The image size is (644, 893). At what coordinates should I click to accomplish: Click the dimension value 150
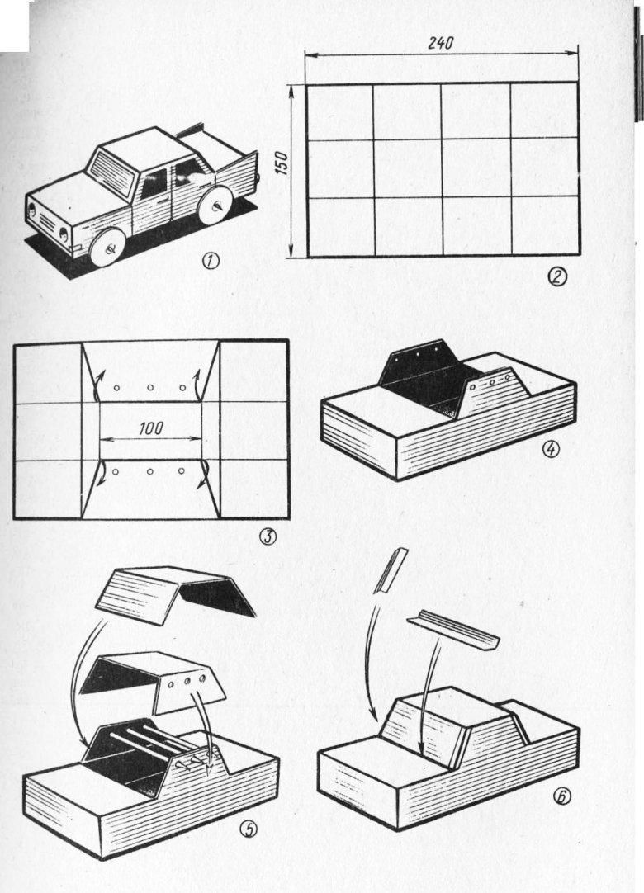(x=285, y=163)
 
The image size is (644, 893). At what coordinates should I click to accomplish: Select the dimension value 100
(x=150, y=429)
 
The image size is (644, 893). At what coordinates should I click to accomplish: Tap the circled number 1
(x=211, y=262)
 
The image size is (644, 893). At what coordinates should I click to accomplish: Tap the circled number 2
(x=556, y=277)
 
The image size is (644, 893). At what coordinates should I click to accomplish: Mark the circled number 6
(x=561, y=796)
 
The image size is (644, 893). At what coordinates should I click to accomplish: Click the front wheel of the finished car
(x=109, y=247)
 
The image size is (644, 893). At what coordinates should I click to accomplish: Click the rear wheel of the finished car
(x=214, y=206)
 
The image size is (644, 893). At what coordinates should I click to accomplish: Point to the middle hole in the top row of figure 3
(x=150, y=388)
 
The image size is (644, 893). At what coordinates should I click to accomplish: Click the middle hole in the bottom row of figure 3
(x=150, y=471)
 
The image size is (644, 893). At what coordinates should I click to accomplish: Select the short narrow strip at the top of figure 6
(x=391, y=570)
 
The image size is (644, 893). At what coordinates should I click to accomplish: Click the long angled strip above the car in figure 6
(x=454, y=631)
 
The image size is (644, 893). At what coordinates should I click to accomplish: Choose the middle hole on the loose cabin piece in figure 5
(x=187, y=682)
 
